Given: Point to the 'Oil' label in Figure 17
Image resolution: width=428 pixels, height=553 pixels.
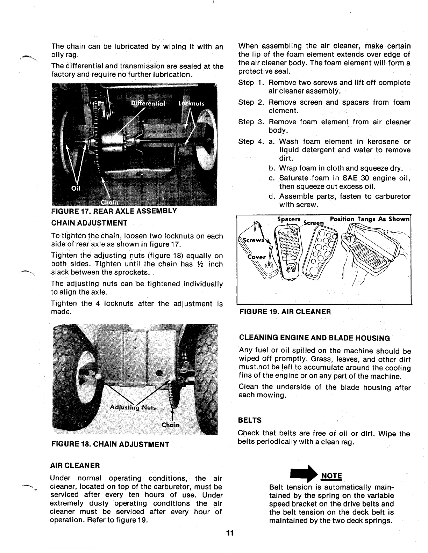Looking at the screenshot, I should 74,188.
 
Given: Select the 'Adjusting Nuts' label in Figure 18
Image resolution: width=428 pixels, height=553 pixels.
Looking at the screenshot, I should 134,407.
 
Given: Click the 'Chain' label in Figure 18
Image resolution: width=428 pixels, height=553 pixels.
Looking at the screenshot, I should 171,425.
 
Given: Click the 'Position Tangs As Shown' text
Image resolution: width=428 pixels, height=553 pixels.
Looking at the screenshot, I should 369,219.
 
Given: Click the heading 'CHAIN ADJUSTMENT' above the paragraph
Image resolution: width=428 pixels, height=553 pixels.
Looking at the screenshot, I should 89,223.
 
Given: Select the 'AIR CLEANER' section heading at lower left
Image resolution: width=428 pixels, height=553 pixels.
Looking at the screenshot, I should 76,465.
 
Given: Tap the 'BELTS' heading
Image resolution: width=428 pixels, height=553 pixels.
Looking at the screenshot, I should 249,420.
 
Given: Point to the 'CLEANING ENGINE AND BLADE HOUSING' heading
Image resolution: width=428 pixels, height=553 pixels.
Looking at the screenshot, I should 314,338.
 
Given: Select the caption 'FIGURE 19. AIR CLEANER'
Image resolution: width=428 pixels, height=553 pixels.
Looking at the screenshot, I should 285,311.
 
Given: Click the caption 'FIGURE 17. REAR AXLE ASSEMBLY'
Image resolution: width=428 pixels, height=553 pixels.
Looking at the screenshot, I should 114,211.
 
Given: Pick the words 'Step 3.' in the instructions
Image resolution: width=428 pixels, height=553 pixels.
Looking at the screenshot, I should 250,122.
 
